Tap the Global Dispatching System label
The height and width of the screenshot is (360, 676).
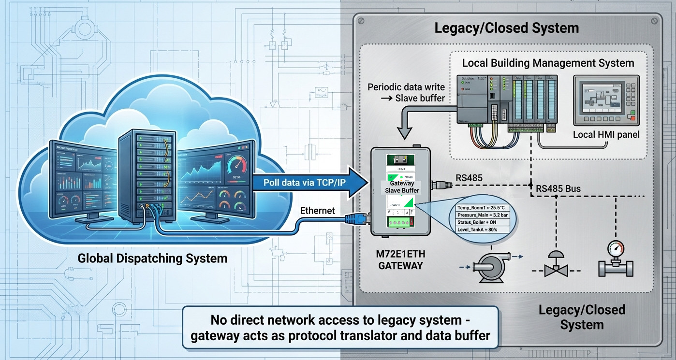click(x=152, y=259)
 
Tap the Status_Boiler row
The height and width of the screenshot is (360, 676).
click(x=477, y=222)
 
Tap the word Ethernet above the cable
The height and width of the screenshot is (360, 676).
click(x=318, y=211)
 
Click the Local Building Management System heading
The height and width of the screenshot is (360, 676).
click(x=548, y=63)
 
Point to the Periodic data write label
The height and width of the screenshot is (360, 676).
click(x=406, y=92)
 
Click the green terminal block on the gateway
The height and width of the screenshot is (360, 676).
click(x=400, y=222)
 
